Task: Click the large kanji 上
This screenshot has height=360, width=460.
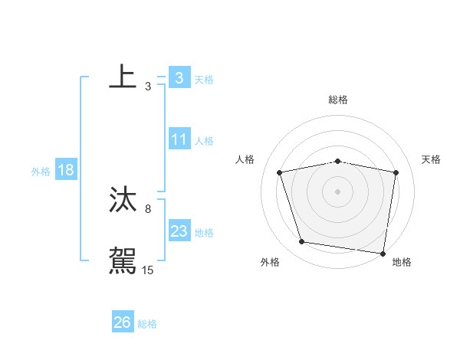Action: [x=123, y=77]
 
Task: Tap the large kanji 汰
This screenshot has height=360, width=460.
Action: [x=123, y=199]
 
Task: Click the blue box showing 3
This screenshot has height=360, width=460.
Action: [x=179, y=78]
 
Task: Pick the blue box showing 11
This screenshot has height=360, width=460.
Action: [x=179, y=140]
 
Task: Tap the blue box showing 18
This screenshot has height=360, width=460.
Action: [x=66, y=171]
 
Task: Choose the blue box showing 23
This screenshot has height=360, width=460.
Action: [x=179, y=232]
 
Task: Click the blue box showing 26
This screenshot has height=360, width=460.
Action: [x=123, y=322]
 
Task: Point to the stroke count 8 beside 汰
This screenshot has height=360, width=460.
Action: [x=148, y=208]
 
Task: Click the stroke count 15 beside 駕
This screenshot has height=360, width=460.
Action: [x=148, y=270]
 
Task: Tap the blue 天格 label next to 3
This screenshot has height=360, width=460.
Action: [x=204, y=79]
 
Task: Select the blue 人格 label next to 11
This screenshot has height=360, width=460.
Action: [x=204, y=141]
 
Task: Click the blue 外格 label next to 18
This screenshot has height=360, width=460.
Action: [x=41, y=172]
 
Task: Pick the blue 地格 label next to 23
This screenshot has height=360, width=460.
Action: [x=204, y=233]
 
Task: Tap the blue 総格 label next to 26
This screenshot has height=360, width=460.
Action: [x=147, y=324]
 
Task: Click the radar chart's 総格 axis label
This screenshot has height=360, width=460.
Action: [x=338, y=100]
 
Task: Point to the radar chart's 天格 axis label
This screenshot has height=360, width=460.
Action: [x=432, y=159]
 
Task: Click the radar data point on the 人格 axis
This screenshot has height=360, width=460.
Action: [x=280, y=172]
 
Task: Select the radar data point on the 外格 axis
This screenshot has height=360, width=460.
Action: [x=302, y=242]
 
